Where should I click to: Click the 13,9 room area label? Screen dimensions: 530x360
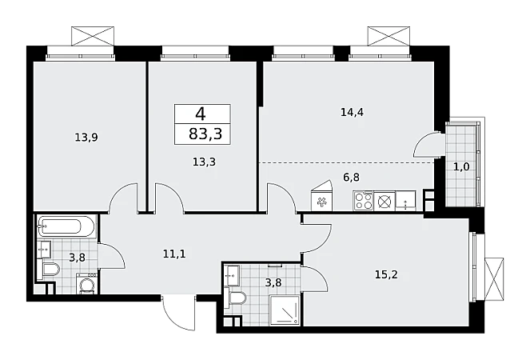click(x=86, y=138)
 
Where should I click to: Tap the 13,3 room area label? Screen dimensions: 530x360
click(x=204, y=162)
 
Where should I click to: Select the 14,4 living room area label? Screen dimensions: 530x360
click(x=352, y=112)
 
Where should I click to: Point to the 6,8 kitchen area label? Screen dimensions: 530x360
click(x=352, y=177)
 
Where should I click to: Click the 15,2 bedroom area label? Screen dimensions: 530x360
click(x=386, y=274)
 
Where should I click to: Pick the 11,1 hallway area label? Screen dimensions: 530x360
click(x=174, y=254)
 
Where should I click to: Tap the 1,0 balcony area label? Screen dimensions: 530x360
click(x=461, y=167)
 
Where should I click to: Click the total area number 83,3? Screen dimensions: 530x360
click(x=205, y=134)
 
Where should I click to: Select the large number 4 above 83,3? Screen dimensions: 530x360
click(x=201, y=114)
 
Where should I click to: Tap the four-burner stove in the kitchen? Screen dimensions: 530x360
click(x=363, y=201)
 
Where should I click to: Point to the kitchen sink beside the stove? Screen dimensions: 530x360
click(x=405, y=201)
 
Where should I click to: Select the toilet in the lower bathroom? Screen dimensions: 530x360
click(x=237, y=299)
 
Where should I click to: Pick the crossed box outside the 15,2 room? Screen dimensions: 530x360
click(x=494, y=279)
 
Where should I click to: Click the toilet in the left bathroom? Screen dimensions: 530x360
click(x=50, y=270)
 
